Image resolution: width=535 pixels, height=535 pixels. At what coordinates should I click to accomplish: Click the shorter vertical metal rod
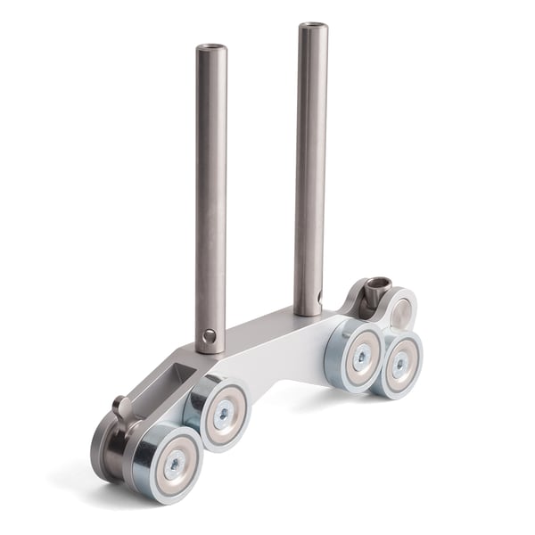(x=210, y=196)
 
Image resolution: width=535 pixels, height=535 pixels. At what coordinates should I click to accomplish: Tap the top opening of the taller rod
(x=313, y=27)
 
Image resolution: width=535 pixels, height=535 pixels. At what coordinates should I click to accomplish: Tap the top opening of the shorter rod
(x=211, y=48)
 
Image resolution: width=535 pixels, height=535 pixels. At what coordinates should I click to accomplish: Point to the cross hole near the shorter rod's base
(x=209, y=336)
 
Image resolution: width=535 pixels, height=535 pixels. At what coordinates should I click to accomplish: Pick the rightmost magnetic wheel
(x=399, y=363)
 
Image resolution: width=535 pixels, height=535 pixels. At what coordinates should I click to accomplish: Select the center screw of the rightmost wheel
(x=401, y=364)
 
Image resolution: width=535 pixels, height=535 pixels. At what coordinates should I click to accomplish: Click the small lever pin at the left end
(x=123, y=409)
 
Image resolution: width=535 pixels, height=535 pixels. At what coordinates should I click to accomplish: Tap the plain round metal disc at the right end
(x=402, y=313)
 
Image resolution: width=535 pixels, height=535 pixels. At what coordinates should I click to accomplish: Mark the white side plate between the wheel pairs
(x=285, y=352)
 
